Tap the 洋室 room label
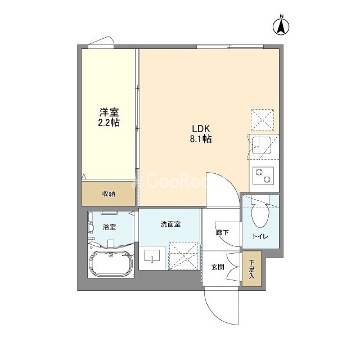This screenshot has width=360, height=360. click(x=109, y=112)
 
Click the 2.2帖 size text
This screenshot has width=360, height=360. click(x=109, y=123)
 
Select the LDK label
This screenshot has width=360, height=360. click(x=201, y=129)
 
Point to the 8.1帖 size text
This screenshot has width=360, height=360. click(x=201, y=139)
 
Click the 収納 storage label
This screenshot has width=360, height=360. click(x=109, y=194)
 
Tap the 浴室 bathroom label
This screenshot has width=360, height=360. click(x=109, y=227)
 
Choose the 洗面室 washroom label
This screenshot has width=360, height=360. click(x=170, y=224)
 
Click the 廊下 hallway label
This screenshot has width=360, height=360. click(x=222, y=232)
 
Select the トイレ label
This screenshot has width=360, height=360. click(x=260, y=236)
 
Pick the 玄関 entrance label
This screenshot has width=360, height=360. click(x=218, y=267)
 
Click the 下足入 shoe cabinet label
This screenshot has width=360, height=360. click(x=252, y=269)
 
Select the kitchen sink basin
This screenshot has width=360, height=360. click(x=261, y=146)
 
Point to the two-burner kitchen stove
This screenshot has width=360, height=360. click(x=263, y=175)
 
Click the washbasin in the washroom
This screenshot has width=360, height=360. click(x=152, y=256)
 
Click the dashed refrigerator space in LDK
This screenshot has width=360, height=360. click(x=262, y=120)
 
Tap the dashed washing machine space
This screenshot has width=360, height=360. click(x=183, y=255)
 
